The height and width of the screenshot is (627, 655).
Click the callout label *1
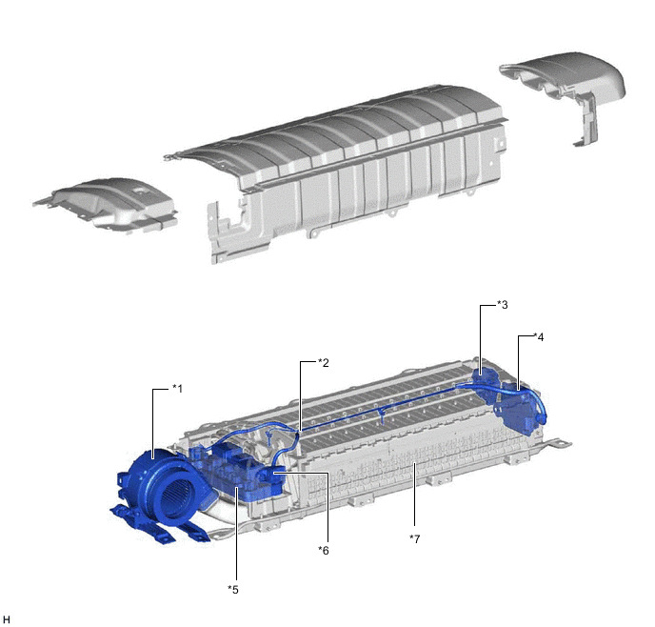pyautogui.click(x=177, y=389)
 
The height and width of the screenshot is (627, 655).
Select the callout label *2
pyautogui.click(x=324, y=363)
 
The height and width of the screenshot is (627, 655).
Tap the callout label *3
pyautogui.click(x=503, y=305)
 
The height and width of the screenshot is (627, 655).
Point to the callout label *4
pyautogui.click(x=539, y=337)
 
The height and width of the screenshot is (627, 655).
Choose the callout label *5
pyautogui.click(x=233, y=590)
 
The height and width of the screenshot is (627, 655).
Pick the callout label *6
pyautogui.click(x=324, y=551)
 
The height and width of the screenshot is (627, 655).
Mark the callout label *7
pyautogui.click(x=414, y=539)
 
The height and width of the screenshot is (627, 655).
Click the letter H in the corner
pyautogui.click(x=7, y=620)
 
